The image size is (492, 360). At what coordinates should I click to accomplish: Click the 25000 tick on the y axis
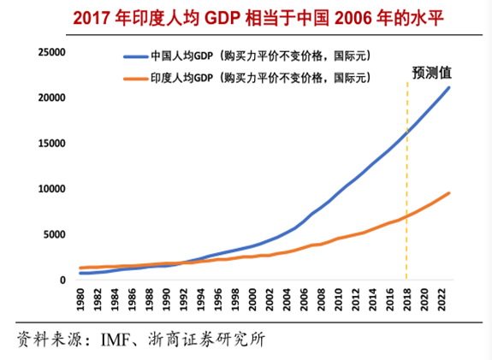coord(50,52)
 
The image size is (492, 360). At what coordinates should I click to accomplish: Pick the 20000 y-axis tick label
coord(50,97)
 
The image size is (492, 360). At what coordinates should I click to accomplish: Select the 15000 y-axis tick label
coord(50,143)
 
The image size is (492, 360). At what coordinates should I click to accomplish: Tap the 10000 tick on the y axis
coord(50,189)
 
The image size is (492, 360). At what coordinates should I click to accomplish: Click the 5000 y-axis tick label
coord(53,234)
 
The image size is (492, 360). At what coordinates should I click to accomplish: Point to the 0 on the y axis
coord(62,280)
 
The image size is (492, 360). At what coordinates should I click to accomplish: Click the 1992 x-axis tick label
coord(179,301)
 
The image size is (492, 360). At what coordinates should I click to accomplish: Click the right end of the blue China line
coord(449,87)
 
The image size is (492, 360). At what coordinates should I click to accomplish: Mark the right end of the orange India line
coord(449,192)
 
